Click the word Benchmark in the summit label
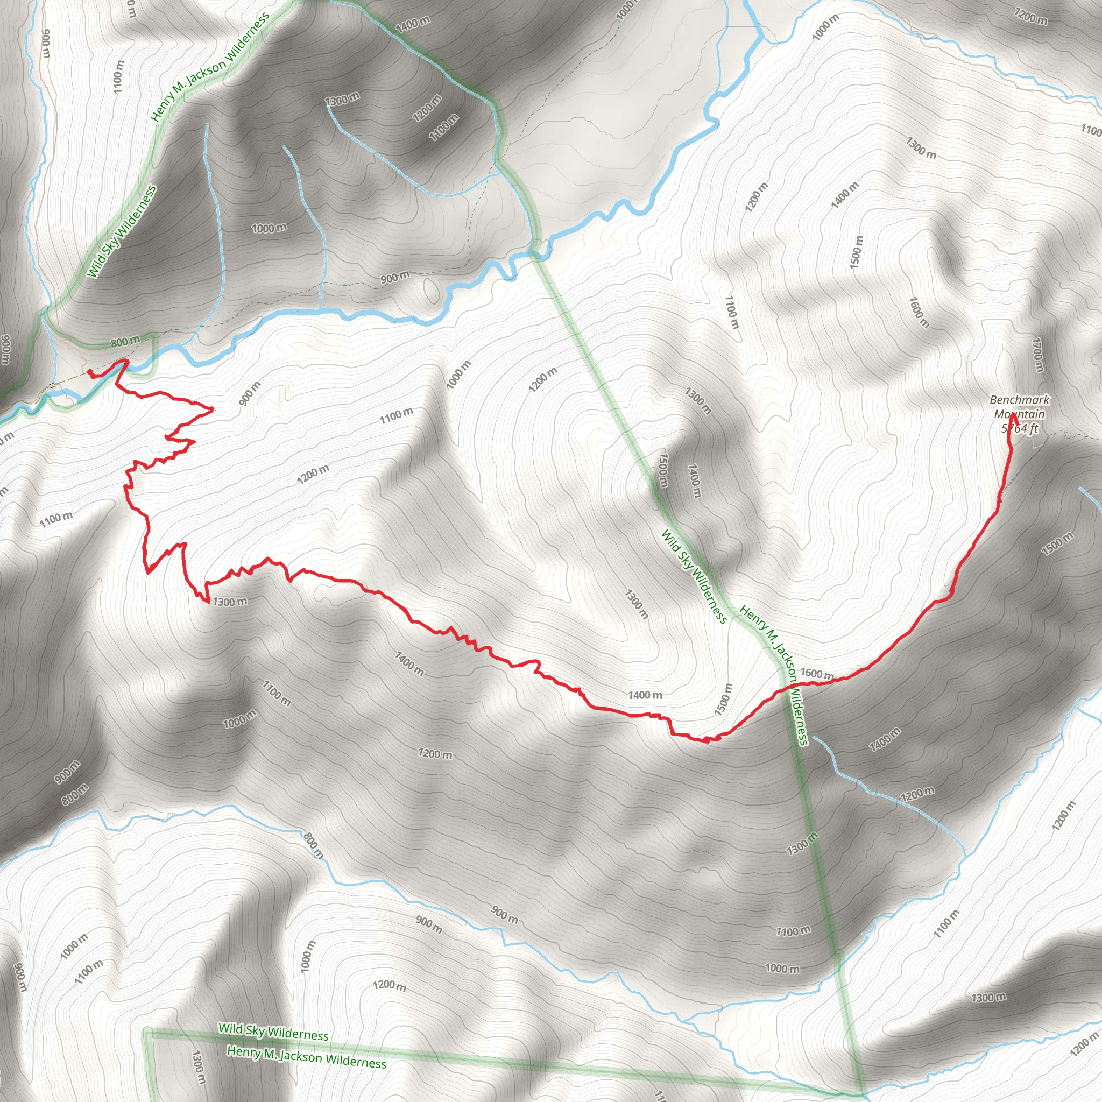1019,400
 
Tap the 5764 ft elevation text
1019,428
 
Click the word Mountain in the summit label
1019,414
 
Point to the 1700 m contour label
1037,354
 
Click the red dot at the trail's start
90,372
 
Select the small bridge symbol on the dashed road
53,385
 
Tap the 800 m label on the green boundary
125,342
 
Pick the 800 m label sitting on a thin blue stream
313,846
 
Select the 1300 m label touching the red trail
229,602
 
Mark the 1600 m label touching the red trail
817,674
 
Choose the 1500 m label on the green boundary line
663,470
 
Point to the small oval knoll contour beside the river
432,289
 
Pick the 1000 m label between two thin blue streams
269,228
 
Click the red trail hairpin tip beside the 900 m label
213,409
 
